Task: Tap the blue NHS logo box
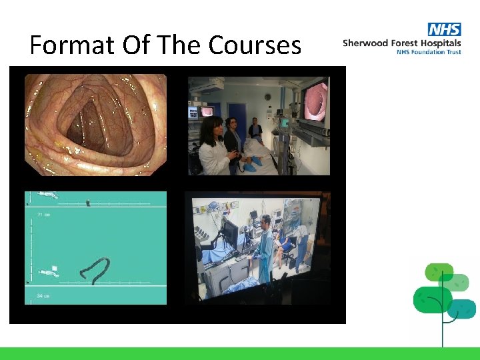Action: coord(445,30)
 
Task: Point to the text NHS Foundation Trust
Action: coord(429,52)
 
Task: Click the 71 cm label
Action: coord(44,215)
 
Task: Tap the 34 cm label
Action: coord(44,295)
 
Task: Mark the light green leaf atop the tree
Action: coord(439,273)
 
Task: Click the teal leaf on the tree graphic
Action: coord(462,308)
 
